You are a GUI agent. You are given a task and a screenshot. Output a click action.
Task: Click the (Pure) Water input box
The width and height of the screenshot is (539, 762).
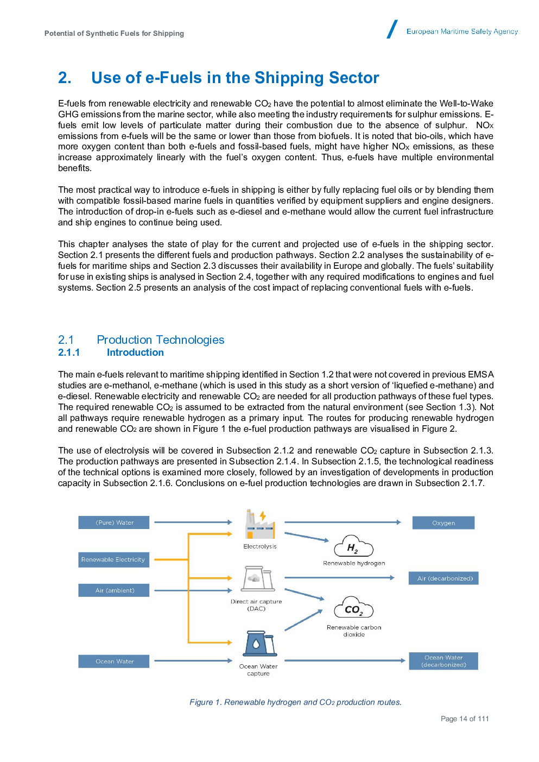(x=114, y=522)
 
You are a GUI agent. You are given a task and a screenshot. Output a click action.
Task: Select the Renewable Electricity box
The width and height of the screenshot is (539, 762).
(x=113, y=559)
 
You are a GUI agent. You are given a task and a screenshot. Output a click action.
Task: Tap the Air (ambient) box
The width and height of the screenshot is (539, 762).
(x=114, y=590)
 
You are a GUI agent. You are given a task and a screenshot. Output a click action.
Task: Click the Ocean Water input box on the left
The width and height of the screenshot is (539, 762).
(x=114, y=661)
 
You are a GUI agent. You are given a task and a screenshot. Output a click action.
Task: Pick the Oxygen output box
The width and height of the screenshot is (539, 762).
(x=443, y=523)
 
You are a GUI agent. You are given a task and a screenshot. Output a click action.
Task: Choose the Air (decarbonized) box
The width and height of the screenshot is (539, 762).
(x=444, y=578)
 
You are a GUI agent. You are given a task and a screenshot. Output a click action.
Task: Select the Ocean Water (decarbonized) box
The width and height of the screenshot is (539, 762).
(x=443, y=661)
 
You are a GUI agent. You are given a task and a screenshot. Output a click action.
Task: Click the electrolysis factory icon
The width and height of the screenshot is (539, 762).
(x=260, y=525)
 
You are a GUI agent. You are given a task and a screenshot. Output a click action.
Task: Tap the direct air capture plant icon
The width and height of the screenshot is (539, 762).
(x=258, y=579)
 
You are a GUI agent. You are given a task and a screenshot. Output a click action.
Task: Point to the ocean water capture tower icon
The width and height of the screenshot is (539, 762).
(x=259, y=644)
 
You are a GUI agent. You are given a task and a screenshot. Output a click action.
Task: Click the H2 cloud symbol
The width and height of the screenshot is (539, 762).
(x=353, y=546)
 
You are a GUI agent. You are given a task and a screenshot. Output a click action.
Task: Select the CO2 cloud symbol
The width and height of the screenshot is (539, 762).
(x=353, y=608)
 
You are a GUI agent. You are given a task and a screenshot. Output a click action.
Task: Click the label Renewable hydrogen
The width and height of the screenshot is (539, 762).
(x=354, y=563)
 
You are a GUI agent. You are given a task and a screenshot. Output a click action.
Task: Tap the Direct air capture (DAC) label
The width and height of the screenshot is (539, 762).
(x=256, y=605)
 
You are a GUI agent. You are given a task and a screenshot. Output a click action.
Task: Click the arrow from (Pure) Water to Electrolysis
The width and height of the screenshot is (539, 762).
(x=193, y=522)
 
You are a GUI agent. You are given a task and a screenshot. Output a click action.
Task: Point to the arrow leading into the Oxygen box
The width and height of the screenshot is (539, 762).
(x=342, y=522)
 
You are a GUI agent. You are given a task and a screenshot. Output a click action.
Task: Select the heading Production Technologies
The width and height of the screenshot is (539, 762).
(x=161, y=340)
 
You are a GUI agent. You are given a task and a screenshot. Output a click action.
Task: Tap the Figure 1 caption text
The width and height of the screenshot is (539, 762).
(x=295, y=702)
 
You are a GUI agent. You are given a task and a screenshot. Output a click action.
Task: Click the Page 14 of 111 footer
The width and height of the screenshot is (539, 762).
(x=465, y=719)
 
